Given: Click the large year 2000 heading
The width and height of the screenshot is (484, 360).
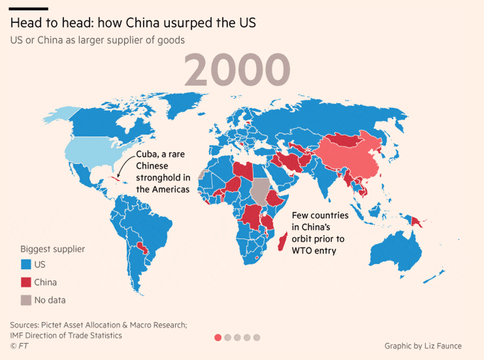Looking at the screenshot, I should pos(236,70).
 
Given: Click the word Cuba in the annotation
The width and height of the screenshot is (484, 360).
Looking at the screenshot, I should pos(148,154).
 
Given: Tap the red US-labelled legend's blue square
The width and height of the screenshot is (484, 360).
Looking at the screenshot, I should pos(25,265).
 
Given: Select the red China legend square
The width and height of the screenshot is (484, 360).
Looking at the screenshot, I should pos(25,282).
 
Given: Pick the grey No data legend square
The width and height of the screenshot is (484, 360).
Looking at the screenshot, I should pos(25,300).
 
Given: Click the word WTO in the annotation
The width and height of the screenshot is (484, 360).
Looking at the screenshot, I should pos(303,250).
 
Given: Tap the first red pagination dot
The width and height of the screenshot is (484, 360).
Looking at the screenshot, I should pos(218,337).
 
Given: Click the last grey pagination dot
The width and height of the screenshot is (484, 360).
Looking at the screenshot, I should pos(257,337).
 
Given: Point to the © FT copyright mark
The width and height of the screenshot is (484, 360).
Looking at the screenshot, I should pos(20,346).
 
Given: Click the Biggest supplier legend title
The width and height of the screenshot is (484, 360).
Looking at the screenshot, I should pos(52,249).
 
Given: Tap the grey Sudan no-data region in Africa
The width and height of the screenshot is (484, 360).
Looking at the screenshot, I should pos(261,190).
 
